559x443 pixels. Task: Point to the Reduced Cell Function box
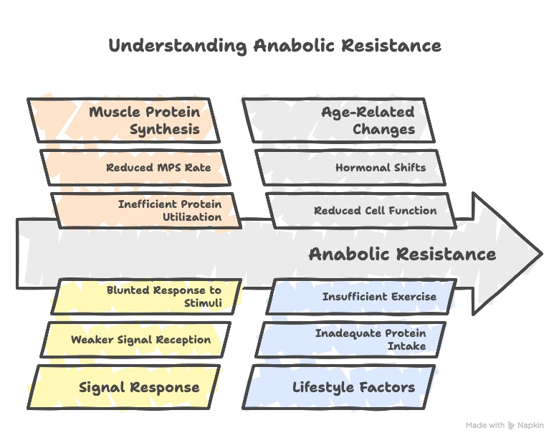coord(362,210)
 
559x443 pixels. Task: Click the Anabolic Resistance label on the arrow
coord(401,254)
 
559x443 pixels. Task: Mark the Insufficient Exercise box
coord(362,296)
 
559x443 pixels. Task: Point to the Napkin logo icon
coord(510,425)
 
